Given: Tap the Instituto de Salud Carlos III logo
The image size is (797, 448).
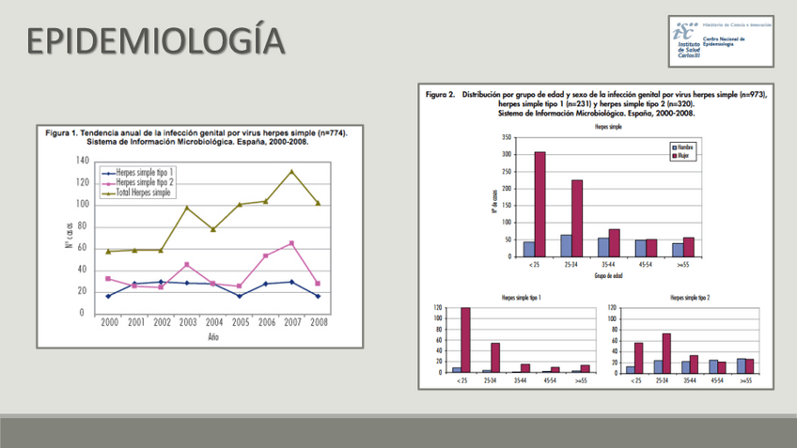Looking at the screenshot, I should pos(722,40).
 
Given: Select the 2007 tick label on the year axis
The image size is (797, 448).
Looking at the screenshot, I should pos(292,321).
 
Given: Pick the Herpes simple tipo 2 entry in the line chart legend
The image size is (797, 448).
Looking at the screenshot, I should pos(144,182).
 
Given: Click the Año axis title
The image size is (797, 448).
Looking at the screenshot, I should pos(213,336).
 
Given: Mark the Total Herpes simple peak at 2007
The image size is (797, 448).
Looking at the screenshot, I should pos(292,172).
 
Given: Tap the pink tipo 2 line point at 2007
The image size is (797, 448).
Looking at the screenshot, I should pos(292,243).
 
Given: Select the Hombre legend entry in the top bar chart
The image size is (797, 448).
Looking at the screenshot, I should pos(685,147).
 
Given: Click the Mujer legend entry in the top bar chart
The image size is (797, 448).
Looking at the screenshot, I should pos(684,156).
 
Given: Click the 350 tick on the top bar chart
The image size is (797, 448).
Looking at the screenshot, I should pos(507,137).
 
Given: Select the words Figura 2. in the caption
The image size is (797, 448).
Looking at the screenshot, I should pos(441,95).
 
